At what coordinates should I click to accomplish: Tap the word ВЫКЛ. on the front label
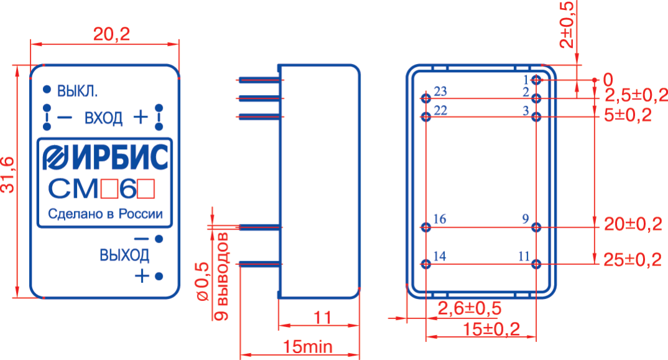tap(78, 90)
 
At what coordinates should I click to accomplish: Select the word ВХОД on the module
tap(104, 118)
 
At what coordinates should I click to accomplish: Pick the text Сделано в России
tap(105, 215)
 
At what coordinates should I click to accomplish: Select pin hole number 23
tap(426, 98)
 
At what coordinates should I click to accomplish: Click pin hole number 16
tap(426, 227)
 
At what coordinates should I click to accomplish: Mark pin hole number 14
tap(426, 264)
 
